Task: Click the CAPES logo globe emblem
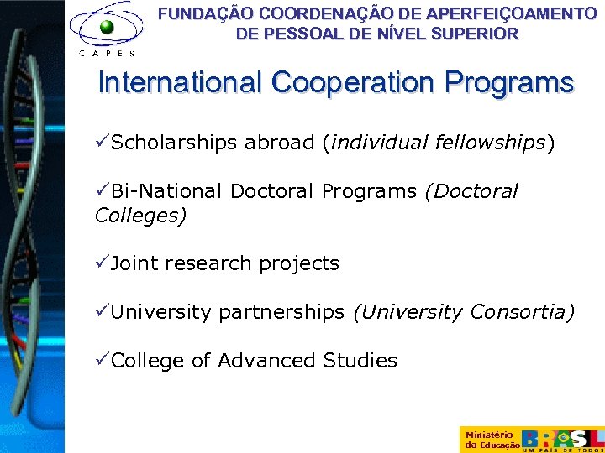pos(107,26)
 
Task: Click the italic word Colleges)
pos(140,216)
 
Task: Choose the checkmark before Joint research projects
pos(102,263)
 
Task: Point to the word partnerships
pos(281,313)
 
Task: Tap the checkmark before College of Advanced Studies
pos(102,361)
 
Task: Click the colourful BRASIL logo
pos(562,439)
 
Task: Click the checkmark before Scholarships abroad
pos(102,143)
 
